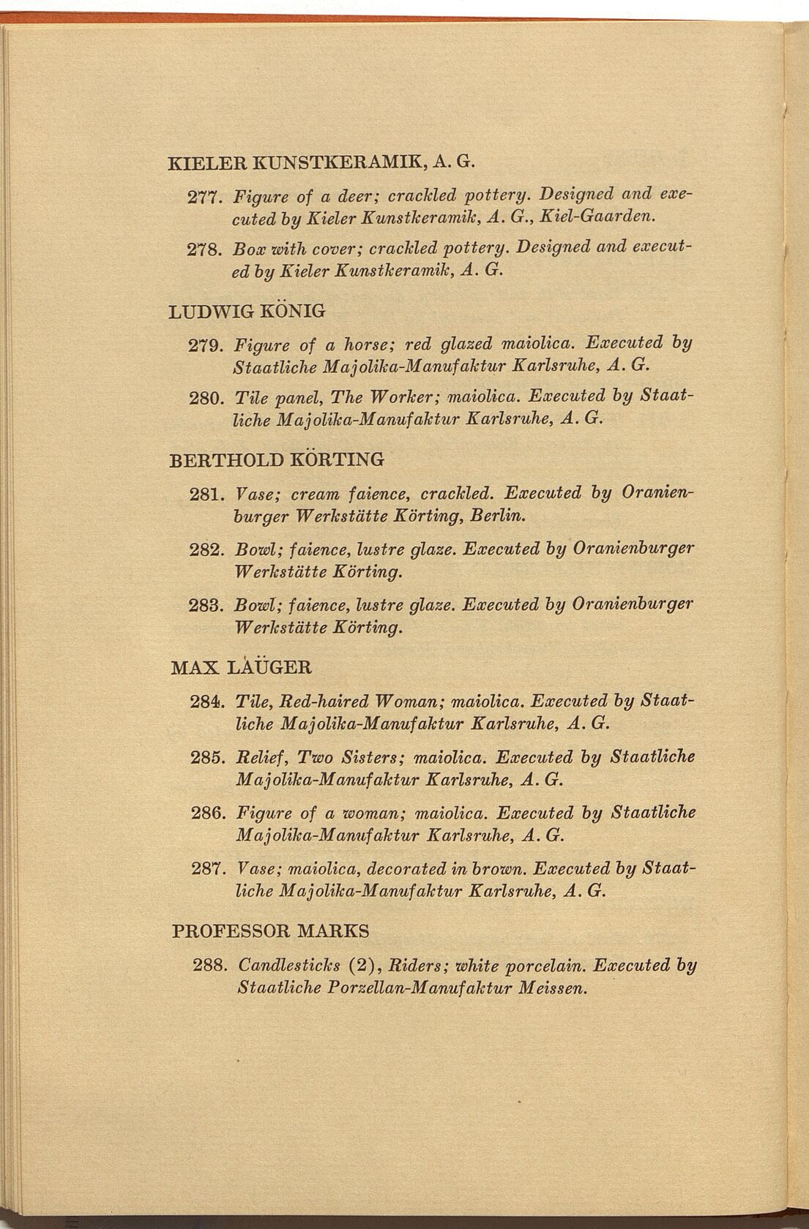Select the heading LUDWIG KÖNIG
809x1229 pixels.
tap(247, 311)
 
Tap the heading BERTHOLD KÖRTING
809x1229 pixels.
tap(276, 460)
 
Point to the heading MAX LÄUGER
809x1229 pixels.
tap(241, 667)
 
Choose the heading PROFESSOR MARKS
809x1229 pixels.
tap(270, 931)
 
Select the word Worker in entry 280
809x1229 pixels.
tap(399, 397)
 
